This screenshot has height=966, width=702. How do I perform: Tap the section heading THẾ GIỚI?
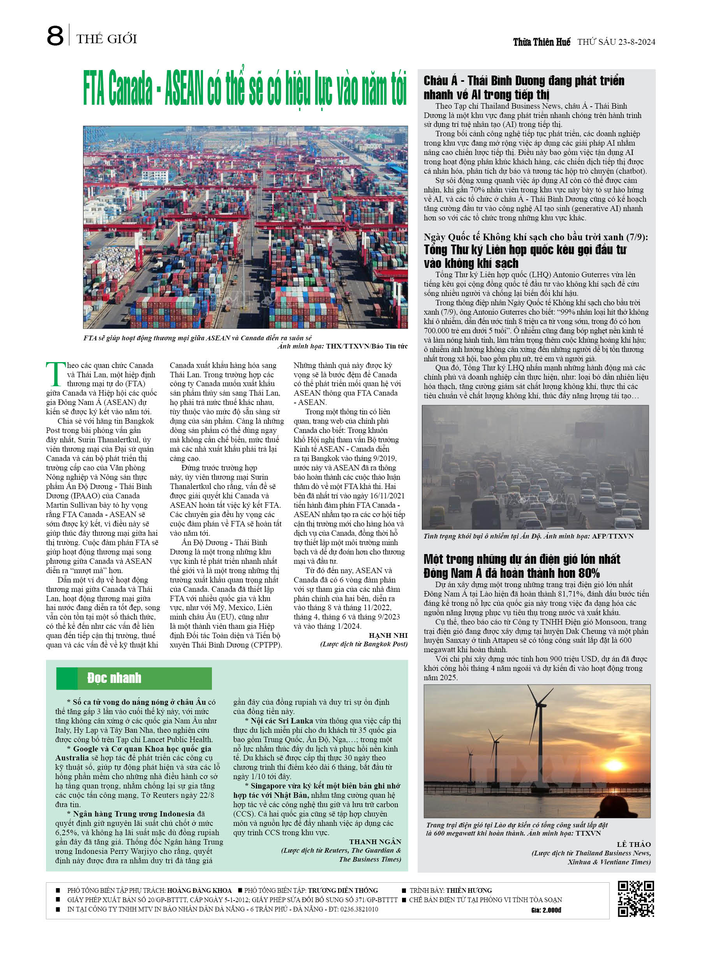[x=107, y=39]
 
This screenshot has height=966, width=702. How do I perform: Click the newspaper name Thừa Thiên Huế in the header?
[x=541, y=42]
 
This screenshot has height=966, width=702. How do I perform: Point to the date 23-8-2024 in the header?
[x=636, y=42]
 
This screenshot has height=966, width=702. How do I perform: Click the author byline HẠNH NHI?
[x=388, y=635]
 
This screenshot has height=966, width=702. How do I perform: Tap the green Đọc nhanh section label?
[x=114, y=678]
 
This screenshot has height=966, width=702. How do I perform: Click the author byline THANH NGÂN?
[x=375, y=842]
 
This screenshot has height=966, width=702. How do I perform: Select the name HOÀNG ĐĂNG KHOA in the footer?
[x=199, y=890]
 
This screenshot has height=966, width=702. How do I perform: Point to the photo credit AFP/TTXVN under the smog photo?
[x=612, y=536]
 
